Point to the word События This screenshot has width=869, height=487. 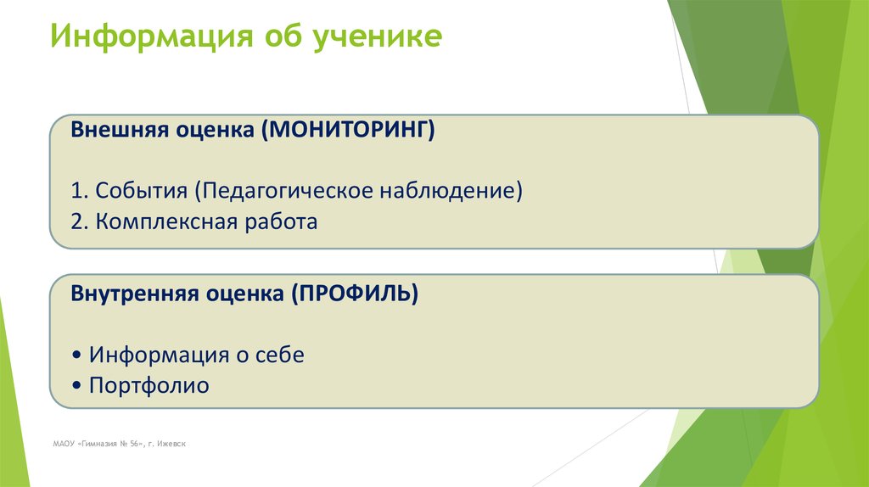pyautogui.click(x=142, y=190)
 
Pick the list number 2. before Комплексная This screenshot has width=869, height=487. pyautogui.click(x=80, y=222)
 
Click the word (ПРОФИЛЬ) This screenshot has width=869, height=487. pyautogui.click(x=355, y=294)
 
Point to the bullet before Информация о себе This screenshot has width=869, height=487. pyautogui.click(x=77, y=355)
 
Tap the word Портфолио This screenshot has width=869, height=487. pyautogui.click(x=149, y=385)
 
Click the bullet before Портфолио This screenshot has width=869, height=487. pyautogui.click(x=77, y=386)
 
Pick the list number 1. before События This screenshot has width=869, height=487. pyautogui.click(x=80, y=190)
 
